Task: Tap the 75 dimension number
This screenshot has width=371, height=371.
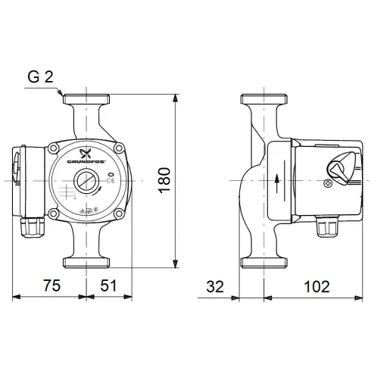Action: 49,287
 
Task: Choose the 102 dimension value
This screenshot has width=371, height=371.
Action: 316,287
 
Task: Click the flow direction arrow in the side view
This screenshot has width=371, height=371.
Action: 277,181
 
